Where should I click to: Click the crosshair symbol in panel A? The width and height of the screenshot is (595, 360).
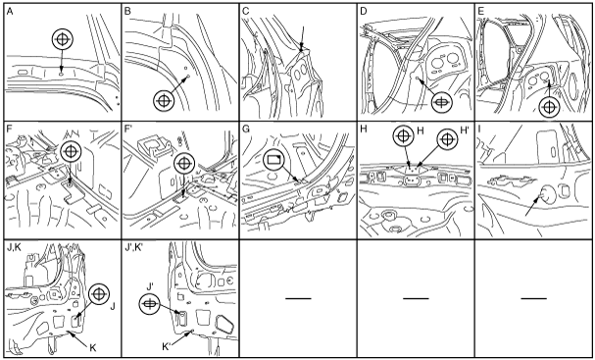[63, 39]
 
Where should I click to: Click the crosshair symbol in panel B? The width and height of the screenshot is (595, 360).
[164, 101]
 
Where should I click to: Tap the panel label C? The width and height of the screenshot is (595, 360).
[245, 12]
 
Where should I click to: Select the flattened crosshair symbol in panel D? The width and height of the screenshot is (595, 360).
[442, 103]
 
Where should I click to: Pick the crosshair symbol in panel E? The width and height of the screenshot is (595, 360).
[549, 107]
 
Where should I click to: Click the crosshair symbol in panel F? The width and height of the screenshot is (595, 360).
[71, 151]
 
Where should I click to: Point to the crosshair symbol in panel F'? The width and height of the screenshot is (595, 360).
[184, 163]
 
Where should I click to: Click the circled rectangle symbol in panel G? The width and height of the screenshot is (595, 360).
[273, 160]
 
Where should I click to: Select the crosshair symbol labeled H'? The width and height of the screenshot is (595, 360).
[447, 139]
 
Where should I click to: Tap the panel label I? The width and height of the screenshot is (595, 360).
[479, 129]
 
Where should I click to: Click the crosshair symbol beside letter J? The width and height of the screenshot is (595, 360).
[99, 294]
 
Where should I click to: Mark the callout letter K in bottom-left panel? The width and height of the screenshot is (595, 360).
[93, 348]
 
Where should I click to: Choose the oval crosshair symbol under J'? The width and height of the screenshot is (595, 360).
[150, 304]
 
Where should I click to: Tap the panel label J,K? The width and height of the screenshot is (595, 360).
[15, 248]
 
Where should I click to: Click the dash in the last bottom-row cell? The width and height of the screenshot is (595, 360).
[533, 298]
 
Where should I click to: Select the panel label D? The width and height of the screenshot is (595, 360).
[364, 12]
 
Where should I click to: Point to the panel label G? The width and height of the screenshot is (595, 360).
[246, 129]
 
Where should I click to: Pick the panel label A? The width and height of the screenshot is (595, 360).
[10, 12]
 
